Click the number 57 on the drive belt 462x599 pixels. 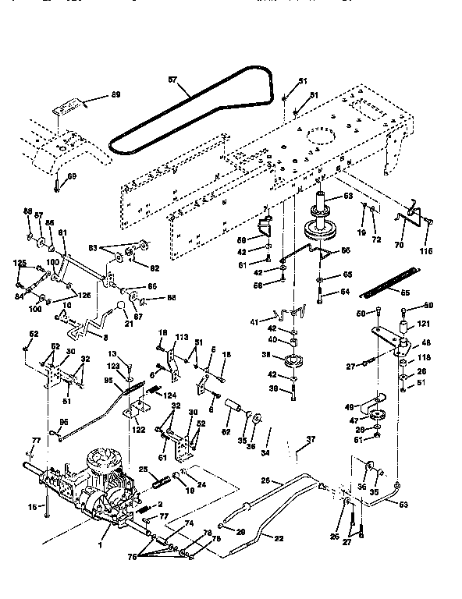click(x=173, y=79)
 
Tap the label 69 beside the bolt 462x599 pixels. click(x=73, y=177)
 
